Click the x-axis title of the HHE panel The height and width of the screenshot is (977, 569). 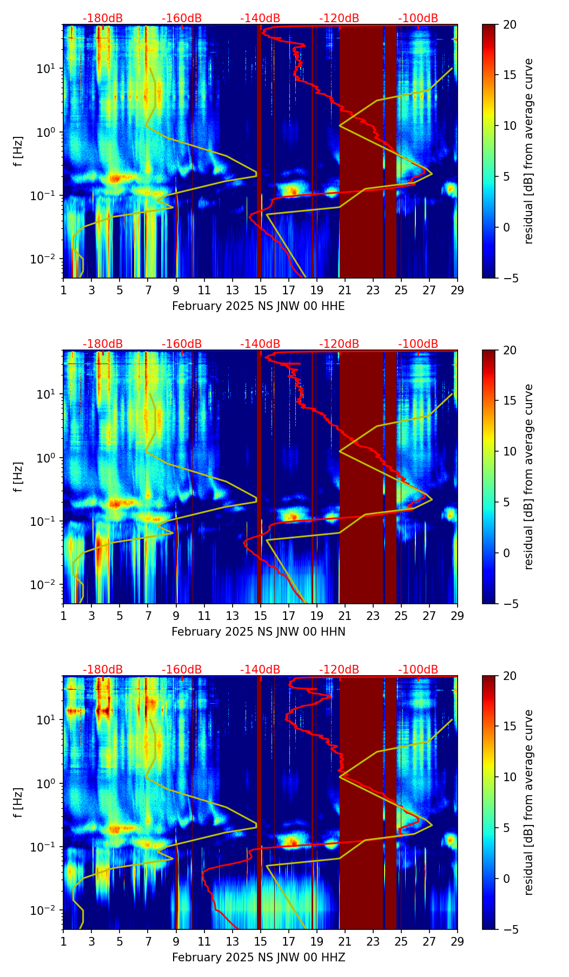click(x=258, y=306)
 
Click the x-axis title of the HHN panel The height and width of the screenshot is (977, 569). click(x=258, y=632)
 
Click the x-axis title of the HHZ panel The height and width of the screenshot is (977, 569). click(x=258, y=958)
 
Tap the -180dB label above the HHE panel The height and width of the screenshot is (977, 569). click(x=103, y=18)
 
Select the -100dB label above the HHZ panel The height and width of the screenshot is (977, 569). click(x=418, y=670)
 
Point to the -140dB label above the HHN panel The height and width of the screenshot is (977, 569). click(x=260, y=344)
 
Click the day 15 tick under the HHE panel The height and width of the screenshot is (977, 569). click(x=261, y=290)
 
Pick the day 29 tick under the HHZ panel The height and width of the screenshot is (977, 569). click(x=458, y=941)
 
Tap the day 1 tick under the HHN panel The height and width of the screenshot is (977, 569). click(x=63, y=616)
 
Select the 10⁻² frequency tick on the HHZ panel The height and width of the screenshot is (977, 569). click(x=48, y=910)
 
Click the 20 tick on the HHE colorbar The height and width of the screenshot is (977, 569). click(x=509, y=24)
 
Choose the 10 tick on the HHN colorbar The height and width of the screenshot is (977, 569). click(x=509, y=451)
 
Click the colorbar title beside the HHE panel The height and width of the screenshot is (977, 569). click(x=528, y=151)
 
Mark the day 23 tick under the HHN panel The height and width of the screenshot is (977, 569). click(x=373, y=616)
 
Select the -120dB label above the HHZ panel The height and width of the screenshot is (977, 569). click(x=339, y=670)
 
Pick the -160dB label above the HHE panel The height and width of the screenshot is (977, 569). click(x=182, y=18)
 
